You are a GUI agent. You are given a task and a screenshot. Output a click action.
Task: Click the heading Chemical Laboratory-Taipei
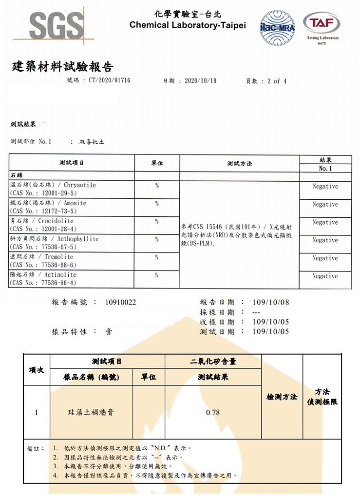[x=188, y=25]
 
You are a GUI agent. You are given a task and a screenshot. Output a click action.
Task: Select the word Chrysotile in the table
[x=80, y=185]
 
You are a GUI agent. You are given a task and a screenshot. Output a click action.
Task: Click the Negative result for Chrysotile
[x=325, y=187]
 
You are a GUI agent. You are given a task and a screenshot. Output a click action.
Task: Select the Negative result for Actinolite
[x=325, y=276]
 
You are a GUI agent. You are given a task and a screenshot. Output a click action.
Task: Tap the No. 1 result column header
[x=325, y=168]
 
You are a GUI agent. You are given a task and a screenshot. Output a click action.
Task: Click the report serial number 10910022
[x=120, y=303]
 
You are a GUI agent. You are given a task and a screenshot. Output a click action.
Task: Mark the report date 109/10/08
[x=271, y=303]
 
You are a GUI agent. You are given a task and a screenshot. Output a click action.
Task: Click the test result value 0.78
[x=213, y=413]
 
